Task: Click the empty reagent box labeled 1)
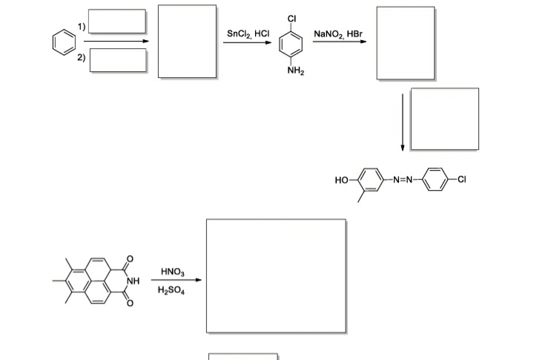[118, 22]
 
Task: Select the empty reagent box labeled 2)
[118, 59]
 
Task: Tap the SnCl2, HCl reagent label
[248, 33]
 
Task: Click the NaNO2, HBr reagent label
[339, 33]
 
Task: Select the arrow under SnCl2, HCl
[248, 42]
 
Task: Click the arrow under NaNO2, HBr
[339, 42]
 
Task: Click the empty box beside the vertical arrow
[444, 120]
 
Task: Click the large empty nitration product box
[276, 275]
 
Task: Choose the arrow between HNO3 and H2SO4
[177, 281]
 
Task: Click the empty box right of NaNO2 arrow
[406, 43]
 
